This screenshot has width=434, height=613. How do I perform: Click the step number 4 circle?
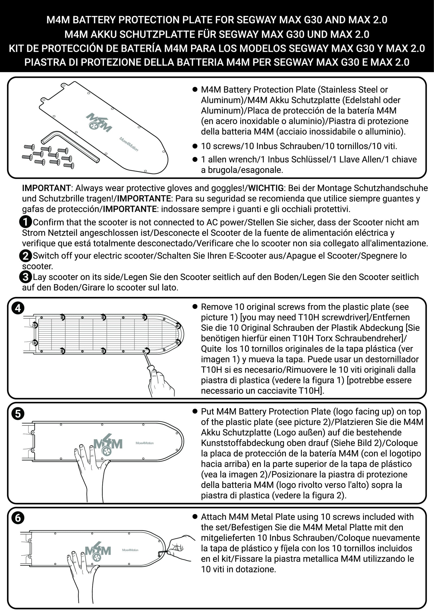tap(18, 308)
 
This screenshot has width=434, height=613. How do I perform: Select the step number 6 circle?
tap(18, 518)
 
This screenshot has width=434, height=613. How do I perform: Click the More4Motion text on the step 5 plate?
tap(145, 443)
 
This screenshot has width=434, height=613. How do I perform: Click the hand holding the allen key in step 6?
tap(180, 545)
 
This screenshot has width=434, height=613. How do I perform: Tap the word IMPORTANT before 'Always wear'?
tap(46, 188)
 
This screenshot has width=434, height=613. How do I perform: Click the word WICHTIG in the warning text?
tap(266, 188)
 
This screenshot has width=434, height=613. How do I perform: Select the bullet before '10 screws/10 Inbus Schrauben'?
tap(194, 146)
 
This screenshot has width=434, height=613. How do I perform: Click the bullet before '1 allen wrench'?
tap(194, 160)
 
